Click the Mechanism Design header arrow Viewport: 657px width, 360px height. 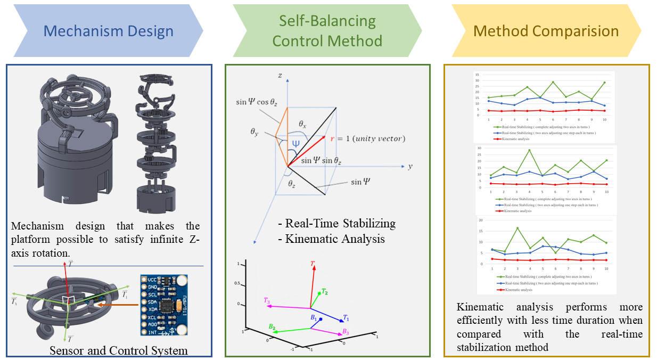(108, 31)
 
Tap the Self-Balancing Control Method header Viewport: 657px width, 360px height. (327, 31)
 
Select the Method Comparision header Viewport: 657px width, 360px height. (546, 31)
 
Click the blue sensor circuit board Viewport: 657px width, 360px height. (164, 305)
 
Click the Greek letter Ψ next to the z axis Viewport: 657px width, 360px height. (296, 144)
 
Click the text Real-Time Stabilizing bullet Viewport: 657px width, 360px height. (336, 224)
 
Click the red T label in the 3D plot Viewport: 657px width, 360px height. (313, 264)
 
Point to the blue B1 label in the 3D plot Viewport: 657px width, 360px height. (314, 318)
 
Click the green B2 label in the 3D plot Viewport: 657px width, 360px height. (272, 326)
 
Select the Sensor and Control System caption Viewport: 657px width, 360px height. (118, 350)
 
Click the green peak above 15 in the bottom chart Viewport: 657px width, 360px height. (517, 228)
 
